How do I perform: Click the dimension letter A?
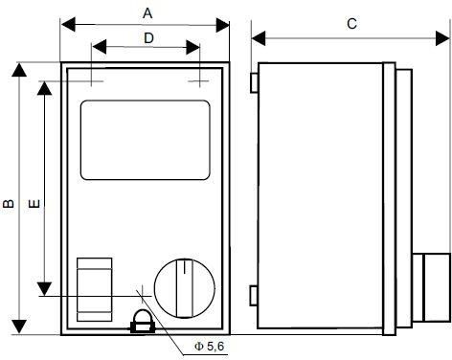pyautogui.click(x=147, y=13)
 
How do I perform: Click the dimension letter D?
pyautogui.click(x=148, y=38)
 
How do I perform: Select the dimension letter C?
pyautogui.click(x=351, y=24)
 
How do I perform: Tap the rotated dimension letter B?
pyautogui.click(x=9, y=203)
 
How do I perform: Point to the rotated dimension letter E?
pyautogui.click(x=34, y=203)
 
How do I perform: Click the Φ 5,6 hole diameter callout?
pyautogui.click(x=210, y=347)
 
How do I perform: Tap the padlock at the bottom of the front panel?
pyautogui.click(x=143, y=323)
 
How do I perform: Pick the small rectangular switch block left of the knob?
pyautogui.click(x=95, y=289)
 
